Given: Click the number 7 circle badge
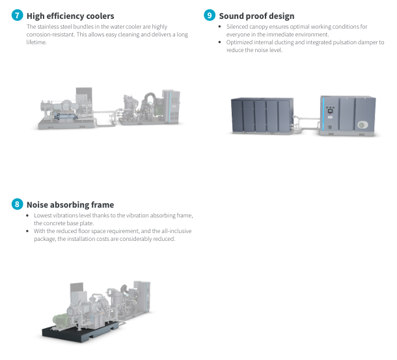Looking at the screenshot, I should coord(18,16).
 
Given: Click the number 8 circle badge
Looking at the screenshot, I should coord(18,204).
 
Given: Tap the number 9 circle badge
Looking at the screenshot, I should coord(210,16).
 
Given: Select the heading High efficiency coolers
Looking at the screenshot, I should coord(70,16).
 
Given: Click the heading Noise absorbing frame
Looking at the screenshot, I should coord(70,204).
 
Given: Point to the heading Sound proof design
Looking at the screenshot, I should coord(256,16).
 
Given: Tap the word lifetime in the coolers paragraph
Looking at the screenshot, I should coord(36,42).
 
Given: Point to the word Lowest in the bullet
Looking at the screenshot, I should coord(44,215).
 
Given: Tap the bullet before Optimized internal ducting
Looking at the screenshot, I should coord(220,42).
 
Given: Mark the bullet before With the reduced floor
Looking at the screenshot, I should coord(27,230).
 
